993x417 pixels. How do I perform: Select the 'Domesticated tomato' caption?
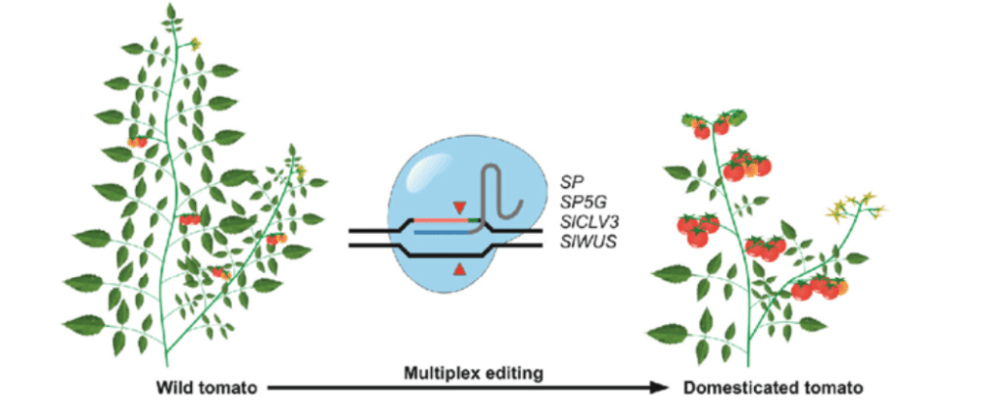click(772, 390)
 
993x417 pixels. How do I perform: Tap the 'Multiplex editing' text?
click(462, 373)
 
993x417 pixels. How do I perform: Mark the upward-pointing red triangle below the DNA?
click(459, 271)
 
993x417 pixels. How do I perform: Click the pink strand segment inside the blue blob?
click(437, 221)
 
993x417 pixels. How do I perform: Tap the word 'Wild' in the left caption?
click(177, 390)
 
